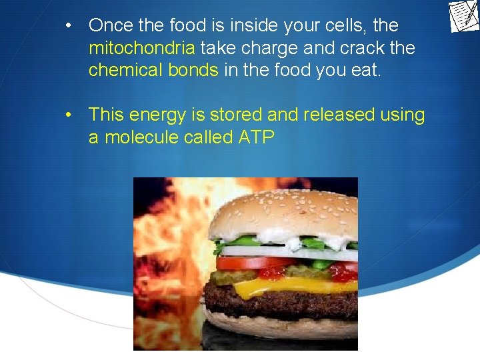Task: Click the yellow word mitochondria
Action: [x=142, y=48]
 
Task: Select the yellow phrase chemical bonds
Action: [x=153, y=70]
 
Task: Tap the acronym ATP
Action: [x=255, y=137]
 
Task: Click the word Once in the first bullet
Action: [x=111, y=25]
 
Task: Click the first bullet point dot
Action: [x=69, y=26]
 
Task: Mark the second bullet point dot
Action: [x=69, y=115]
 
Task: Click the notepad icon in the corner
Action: [x=464, y=17]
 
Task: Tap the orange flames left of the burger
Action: [x=167, y=253]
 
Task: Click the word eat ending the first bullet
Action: [x=365, y=70]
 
